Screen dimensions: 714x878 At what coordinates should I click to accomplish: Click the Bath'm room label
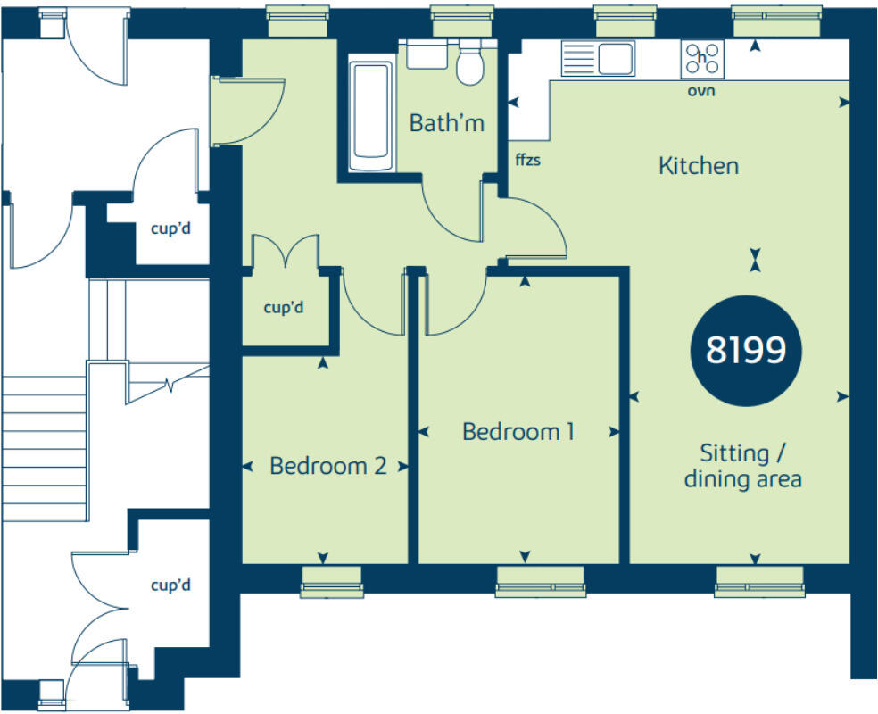[446, 123]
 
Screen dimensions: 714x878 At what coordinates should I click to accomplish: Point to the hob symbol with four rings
[702, 59]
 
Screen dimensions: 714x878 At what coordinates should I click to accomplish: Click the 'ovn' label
[702, 91]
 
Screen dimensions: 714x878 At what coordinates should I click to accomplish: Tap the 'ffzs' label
[528, 162]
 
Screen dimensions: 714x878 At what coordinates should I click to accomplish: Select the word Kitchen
[699, 166]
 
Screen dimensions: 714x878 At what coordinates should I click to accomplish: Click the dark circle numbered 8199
[746, 351]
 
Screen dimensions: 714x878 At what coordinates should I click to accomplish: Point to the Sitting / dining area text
[743, 466]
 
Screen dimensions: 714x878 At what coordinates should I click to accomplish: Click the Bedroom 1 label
[518, 432]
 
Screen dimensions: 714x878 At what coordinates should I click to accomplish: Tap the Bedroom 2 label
[328, 466]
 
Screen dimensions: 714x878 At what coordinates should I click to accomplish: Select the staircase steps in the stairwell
[45, 446]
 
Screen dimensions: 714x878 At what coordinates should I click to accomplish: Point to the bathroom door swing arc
[451, 214]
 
